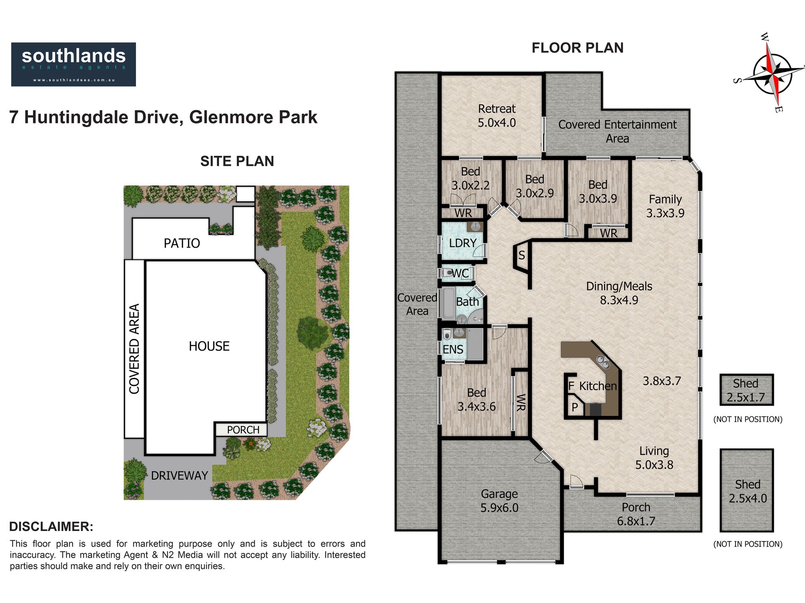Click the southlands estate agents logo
pos(73,64)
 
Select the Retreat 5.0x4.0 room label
pos(497,116)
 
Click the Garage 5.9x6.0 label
pos(499,501)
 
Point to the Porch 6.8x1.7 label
pos(636,514)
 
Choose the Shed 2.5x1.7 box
pos(747,390)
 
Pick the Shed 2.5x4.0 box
pos(747,490)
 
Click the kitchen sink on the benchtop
pos(603,362)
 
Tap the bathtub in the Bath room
pos(448,303)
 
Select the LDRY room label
pos(463,243)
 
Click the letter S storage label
pos(522,255)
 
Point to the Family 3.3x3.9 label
pos(665,206)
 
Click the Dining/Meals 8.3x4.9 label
pos(619,293)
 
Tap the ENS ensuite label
pos(453,350)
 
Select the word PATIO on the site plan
pos(182,243)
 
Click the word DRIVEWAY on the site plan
pos(179,476)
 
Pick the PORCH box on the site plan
pos(241,430)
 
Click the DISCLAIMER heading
pos(51,527)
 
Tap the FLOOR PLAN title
pos(577,48)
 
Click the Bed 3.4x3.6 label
pos(476,400)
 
